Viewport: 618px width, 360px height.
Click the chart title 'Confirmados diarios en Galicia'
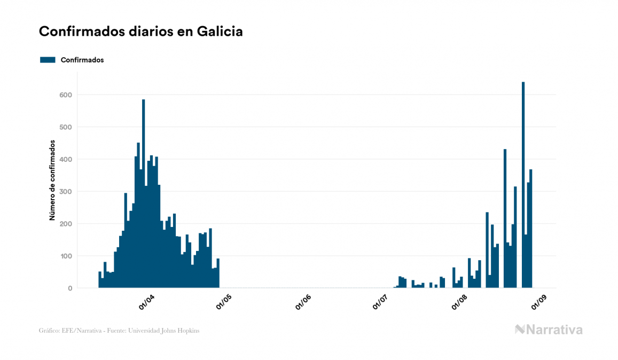141,32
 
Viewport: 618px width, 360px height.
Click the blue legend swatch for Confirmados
48,60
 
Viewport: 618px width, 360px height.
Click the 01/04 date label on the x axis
146,301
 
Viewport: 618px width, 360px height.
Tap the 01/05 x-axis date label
224,301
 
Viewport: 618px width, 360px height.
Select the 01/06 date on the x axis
303,301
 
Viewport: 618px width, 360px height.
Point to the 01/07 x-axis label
381,301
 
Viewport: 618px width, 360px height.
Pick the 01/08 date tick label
459,301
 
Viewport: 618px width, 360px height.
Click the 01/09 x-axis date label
538,301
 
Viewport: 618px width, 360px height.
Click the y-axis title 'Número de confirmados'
52,180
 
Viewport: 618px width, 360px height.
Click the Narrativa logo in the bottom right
549,330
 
